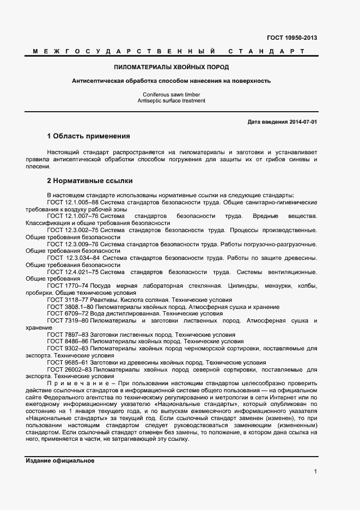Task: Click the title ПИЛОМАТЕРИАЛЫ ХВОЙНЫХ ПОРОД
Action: [171, 67]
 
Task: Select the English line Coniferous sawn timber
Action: [171, 95]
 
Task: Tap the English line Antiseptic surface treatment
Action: [171, 101]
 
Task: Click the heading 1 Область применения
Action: [88, 136]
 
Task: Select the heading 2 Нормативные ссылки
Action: [89, 180]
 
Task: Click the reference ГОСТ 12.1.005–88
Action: [73, 202]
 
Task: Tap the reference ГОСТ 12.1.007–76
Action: [73, 216]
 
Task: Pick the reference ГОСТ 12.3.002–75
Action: [73, 230]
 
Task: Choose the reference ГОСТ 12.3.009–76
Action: [73, 244]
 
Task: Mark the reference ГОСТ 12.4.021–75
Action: [73, 272]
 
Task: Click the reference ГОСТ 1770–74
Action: [68, 286]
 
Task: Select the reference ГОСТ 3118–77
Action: [68, 300]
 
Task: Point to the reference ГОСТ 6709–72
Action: [68, 314]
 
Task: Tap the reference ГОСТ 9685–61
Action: [68, 362]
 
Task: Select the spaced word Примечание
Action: [80, 384]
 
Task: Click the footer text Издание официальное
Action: [60, 461]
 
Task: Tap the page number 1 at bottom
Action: [315, 472]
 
